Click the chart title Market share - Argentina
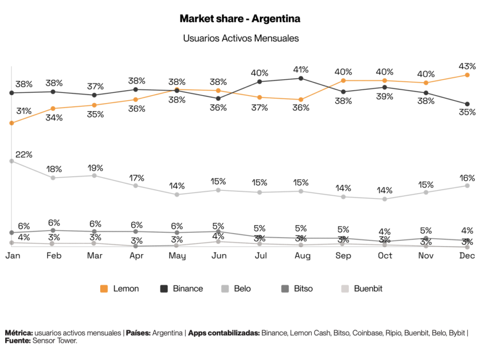coord(240,19)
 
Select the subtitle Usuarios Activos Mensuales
coord(241,38)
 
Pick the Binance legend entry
coord(182,288)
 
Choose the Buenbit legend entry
coord(362,288)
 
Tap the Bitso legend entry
coord(297,288)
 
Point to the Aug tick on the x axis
coord(302,256)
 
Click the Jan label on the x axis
coord(12,256)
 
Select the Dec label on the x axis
coord(467,256)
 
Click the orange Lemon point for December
coord(467,75)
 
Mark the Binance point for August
coord(301,78)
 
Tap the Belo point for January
coord(12,161)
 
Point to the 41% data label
coord(300,69)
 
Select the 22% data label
coord(24,154)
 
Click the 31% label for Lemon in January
coord(24,111)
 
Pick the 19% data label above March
coord(95,168)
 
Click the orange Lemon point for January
coord(12,123)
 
